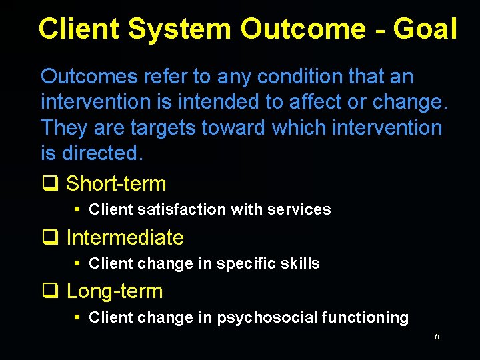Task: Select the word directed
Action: tap(102, 153)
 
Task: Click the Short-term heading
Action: tap(116, 183)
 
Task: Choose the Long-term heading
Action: tap(115, 291)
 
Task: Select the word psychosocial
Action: tap(267, 318)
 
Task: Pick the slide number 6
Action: tap(437, 337)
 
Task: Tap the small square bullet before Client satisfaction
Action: tap(77, 209)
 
